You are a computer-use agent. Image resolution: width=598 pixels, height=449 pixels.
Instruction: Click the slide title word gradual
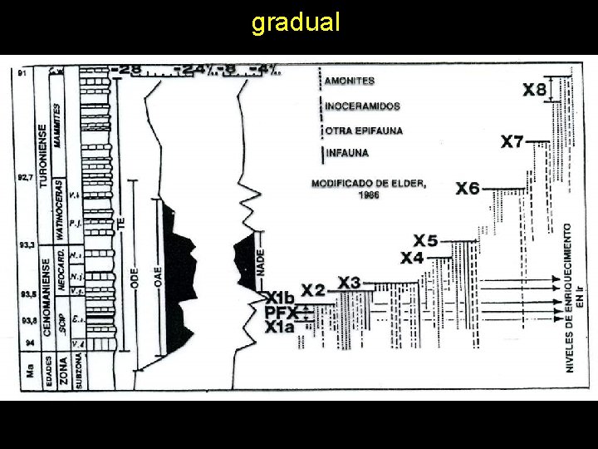tap(296, 22)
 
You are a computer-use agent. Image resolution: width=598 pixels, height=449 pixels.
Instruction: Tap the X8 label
tap(535, 90)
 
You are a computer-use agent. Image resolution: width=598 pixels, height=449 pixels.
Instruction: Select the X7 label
tap(512, 141)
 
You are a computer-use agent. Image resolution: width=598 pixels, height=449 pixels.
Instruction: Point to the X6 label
tap(468, 189)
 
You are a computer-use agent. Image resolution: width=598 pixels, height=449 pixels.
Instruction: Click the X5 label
tap(425, 241)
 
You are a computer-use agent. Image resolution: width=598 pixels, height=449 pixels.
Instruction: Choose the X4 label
tap(412, 259)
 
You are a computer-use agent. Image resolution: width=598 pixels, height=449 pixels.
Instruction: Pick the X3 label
tap(349, 284)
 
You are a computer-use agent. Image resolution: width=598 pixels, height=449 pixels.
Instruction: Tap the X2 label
tap(313, 291)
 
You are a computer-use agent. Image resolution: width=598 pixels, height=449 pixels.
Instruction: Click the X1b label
tap(280, 297)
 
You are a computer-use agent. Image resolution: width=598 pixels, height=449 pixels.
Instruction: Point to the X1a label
tap(280, 328)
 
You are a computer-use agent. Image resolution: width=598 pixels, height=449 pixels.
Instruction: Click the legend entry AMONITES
tap(350, 81)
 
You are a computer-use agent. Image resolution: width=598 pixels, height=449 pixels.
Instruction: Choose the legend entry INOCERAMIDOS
tap(363, 106)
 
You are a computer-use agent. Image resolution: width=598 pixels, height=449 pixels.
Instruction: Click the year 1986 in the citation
tap(369, 195)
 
